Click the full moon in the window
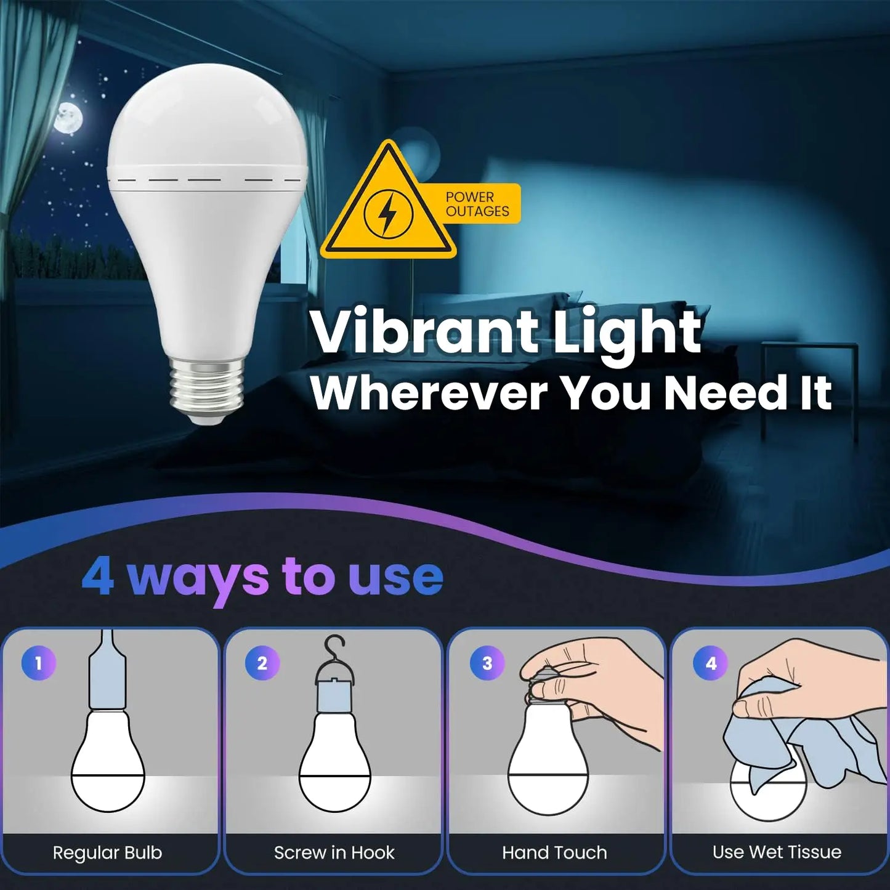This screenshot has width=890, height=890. (x=68, y=118)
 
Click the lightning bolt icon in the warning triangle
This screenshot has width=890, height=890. (x=387, y=214)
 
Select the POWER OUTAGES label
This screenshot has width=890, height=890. (x=477, y=204)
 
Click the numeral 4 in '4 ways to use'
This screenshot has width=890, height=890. (x=98, y=576)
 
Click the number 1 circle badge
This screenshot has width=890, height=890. (x=39, y=663)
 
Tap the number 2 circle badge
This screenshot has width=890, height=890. (x=262, y=663)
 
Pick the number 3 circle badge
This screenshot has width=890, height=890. (x=487, y=663)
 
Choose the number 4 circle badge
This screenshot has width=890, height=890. (x=711, y=663)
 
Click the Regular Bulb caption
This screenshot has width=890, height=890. (x=108, y=852)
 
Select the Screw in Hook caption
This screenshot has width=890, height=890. (x=334, y=852)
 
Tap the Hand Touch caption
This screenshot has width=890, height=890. (x=554, y=852)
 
